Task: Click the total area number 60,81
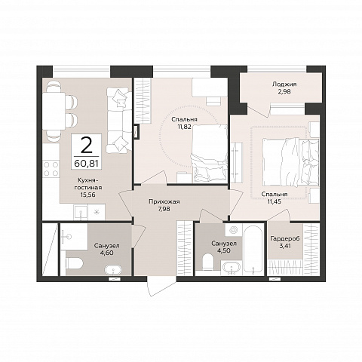point(86,164)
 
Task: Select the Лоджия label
point(284,84)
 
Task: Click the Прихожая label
point(164,201)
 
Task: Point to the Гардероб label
point(285,238)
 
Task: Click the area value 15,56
point(87,195)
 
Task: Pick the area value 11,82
point(185,127)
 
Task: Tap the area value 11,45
point(274,201)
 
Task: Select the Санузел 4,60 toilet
point(75,263)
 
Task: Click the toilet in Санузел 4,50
point(208,262)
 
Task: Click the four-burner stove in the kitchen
point(51,169)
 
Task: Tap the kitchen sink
point(81,212)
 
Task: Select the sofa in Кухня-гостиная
point(119,120)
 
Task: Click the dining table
point(54,111)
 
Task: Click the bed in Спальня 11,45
point(290,163)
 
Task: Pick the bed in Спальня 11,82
point(210,153)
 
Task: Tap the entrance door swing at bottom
point(161,286)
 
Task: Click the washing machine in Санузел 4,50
point(234,230)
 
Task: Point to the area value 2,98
point(285,91)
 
